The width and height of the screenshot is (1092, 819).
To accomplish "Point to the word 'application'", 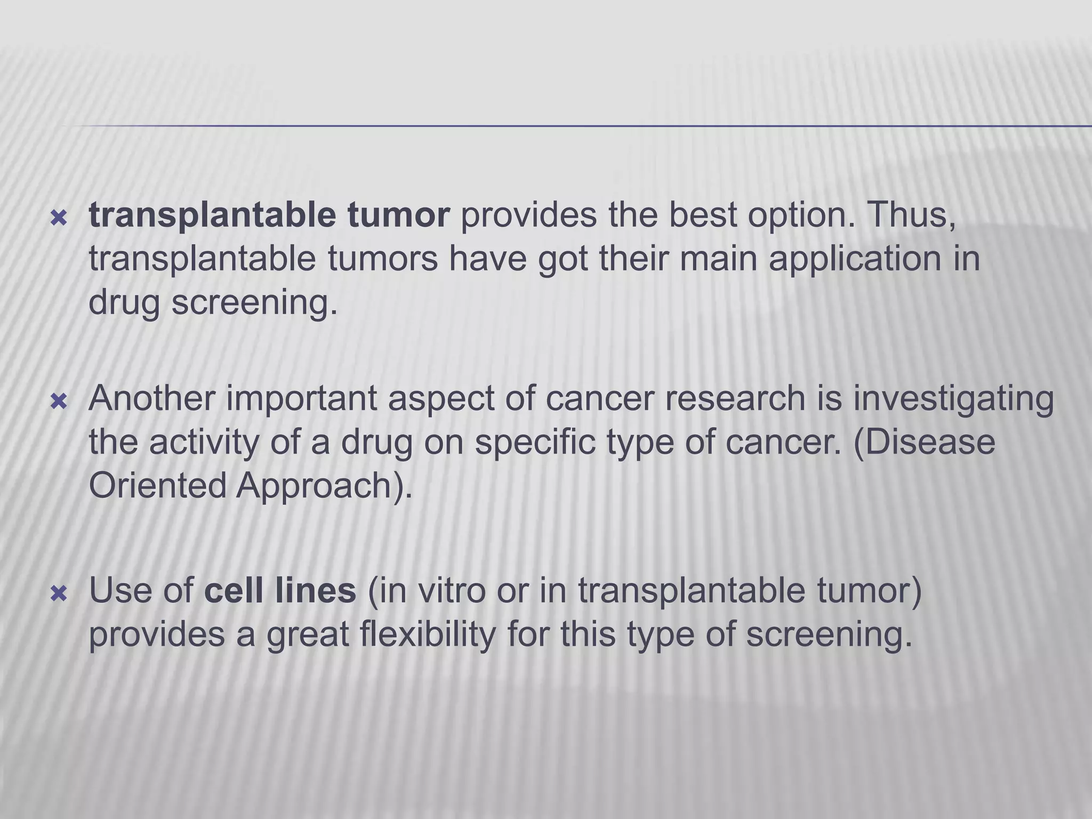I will coord(854,259).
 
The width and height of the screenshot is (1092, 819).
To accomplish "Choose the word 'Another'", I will coord(152,398).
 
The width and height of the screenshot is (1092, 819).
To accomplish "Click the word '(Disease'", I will coord(924,442).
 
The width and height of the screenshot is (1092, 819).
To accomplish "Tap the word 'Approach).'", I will coord(324,486).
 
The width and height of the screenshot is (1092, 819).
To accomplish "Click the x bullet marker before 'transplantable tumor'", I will coord(59,218).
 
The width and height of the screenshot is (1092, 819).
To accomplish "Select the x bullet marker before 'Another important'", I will coord(59,402).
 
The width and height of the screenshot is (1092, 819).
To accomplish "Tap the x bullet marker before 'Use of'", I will coord(59,593).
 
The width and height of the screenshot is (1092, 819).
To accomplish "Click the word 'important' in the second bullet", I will coord(301,399).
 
